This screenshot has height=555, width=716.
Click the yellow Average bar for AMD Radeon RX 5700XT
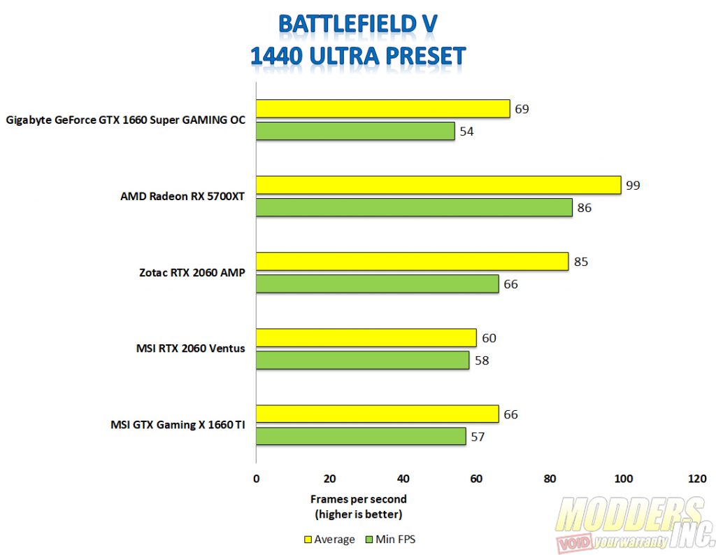pos(438,185)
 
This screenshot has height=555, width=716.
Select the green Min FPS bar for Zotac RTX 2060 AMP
pos(377,283)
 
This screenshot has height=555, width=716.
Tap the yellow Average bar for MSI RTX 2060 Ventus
pos(366,337)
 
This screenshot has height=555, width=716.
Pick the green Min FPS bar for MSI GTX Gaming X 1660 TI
pos(361,436)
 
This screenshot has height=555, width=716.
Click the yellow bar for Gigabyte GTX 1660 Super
pos(382,108)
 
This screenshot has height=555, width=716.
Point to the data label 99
pos(633,185)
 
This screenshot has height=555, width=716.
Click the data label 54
pos(466,131)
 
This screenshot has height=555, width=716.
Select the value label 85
pos(580,262)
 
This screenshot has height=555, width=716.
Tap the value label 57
pos(478,437)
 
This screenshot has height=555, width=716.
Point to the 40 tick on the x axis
pos(403,479)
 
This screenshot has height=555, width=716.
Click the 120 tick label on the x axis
pos(696,479)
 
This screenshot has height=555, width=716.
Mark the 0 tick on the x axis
pos(256,479)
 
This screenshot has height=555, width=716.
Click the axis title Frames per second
pos(358,499)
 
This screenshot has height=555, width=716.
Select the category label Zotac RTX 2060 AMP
pos(192,272)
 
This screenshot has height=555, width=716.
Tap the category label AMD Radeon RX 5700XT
pos(183,196)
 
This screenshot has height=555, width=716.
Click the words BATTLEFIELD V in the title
pos(358,23)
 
